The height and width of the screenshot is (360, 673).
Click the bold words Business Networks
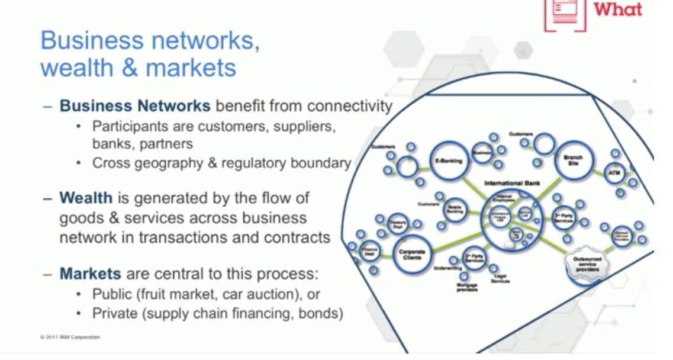point(135,107)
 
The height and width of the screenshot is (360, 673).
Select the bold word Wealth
point(85,197)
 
